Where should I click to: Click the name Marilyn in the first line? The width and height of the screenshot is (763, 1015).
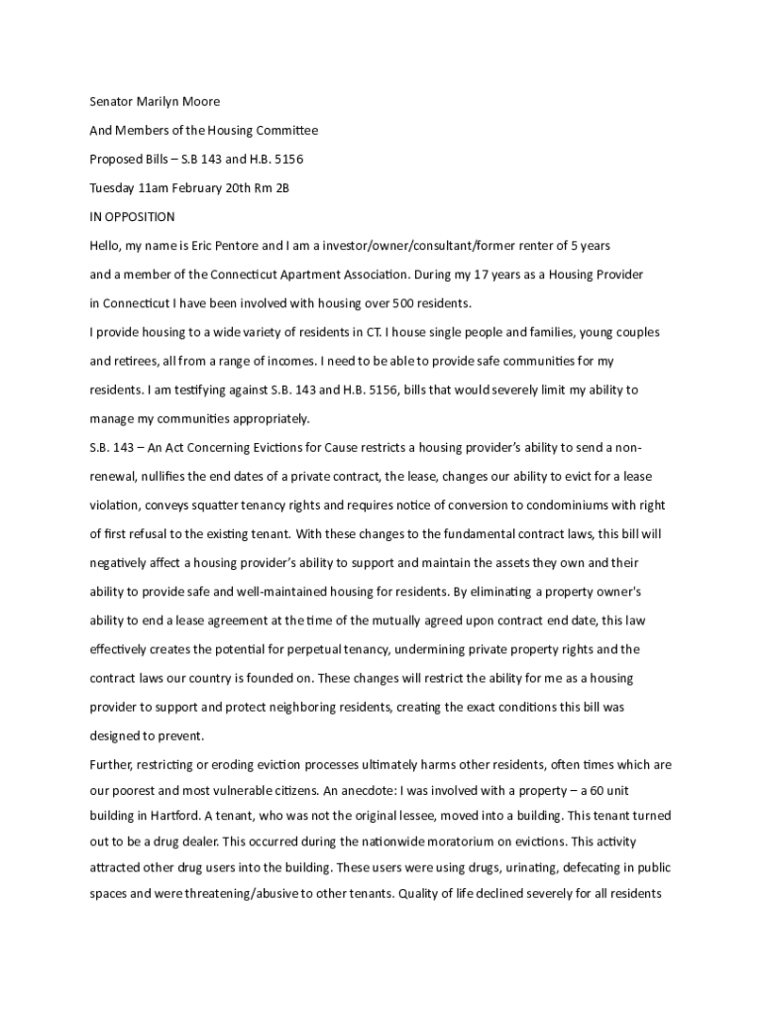[168, 101]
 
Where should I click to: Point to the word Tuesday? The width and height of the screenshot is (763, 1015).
[112, 187]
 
